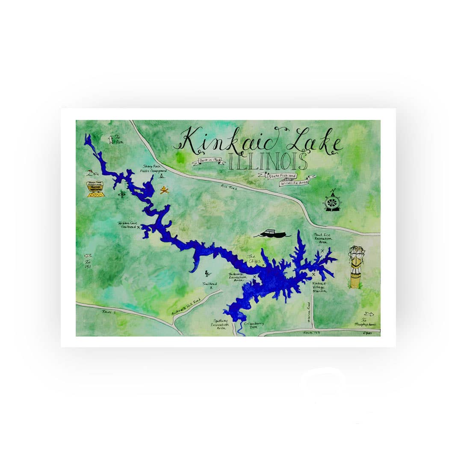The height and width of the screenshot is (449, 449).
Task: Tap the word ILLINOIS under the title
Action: (x=268, y=161)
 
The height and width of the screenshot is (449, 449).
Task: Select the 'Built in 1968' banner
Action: (x=209, y=161)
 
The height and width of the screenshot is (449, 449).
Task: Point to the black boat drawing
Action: (x=272, y=233)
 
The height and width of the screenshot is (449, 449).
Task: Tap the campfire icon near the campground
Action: (x=164, y=190)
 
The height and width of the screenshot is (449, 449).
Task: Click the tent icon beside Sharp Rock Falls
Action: (x=162, y=175)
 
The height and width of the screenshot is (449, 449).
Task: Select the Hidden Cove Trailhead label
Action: (x=129, y=225)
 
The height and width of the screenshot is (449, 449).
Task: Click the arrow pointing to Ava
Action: (x=111, y=139)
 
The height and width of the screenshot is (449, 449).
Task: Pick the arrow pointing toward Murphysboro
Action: (x=369, y=314)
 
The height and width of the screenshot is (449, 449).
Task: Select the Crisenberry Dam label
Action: (x=254, y=325)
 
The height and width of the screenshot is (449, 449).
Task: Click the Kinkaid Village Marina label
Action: (x=319, y=287)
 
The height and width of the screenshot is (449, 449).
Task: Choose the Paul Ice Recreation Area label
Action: (x=323, y=239)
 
